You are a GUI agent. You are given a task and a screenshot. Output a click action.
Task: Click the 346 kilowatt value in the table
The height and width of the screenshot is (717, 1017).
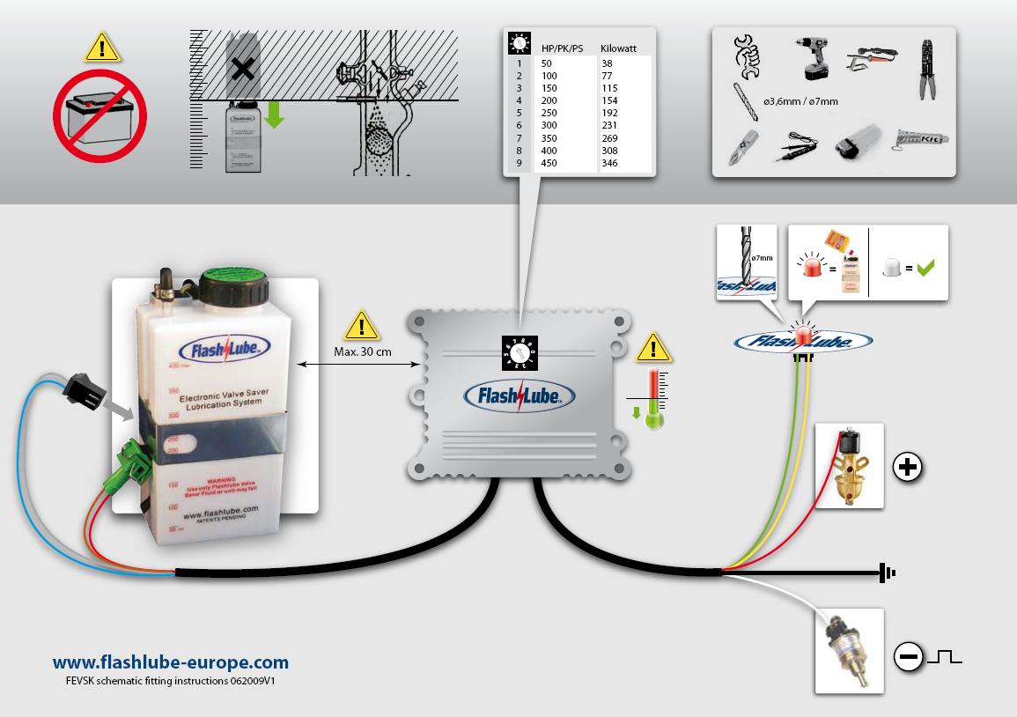(x=609, y=163)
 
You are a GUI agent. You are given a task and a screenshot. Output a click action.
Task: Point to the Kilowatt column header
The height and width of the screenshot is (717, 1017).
(x=617, y=48)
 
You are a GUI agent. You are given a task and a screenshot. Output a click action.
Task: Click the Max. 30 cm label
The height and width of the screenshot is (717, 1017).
(x=363, y=352)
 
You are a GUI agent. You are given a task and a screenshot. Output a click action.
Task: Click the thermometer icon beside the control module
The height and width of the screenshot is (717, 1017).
(x=652, y=399)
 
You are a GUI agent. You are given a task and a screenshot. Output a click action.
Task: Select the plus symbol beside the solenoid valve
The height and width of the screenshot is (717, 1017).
(x=907, y=467)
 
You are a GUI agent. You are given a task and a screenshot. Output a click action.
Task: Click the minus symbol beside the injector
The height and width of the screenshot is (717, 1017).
(x=908, y=656)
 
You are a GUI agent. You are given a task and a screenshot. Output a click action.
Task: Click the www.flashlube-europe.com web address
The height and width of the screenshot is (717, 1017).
(x=171, y=662)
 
